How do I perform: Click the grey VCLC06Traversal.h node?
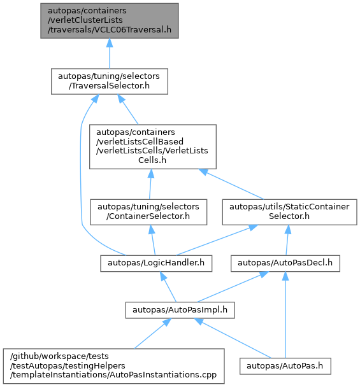[110, 21]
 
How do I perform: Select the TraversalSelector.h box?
[110, 81]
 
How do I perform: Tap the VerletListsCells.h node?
[153, 146]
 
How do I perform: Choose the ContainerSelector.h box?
[148, 212]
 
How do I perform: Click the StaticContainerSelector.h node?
[289, 212]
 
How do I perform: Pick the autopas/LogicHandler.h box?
[156, 264]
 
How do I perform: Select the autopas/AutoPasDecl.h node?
[285, 264]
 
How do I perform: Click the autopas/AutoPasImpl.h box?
[180, 310]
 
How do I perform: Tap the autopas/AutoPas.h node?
[285, 366]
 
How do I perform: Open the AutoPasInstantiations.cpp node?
[114, 366]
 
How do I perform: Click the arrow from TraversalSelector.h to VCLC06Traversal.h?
[110, 53]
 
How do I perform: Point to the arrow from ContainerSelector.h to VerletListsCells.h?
[150, 185]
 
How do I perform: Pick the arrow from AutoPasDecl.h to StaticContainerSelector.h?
[287, 240]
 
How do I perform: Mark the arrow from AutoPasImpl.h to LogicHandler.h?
[168, 287]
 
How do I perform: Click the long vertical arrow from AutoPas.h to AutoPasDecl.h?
[285, 315]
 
